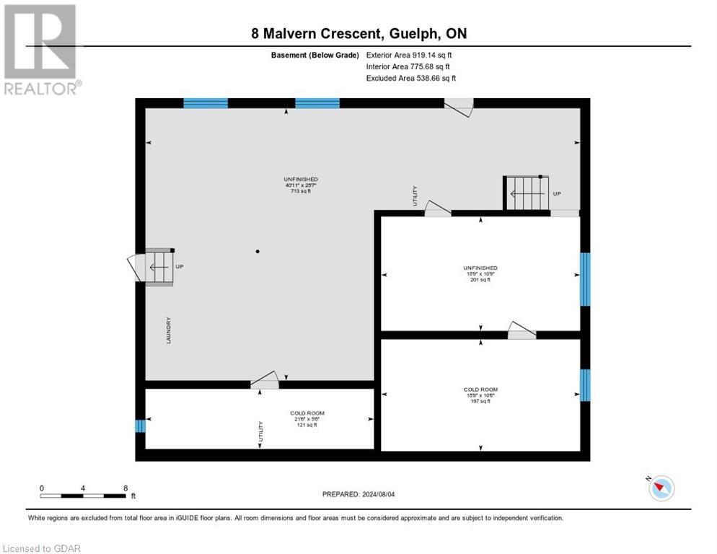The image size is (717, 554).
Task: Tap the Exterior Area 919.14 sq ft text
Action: (408, 55)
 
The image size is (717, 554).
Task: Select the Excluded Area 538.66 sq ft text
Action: (410, 78)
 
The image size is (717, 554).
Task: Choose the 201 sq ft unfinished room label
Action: (480, 273)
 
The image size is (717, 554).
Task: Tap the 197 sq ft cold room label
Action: (480, 395)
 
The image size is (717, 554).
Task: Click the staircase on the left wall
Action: (160, 267)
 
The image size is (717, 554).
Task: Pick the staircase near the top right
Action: (526, 193)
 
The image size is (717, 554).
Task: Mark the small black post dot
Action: (258, 252)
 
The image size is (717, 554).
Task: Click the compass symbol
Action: (660, 488)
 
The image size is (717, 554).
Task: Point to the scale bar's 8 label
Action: (126, 488)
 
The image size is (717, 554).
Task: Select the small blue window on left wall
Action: (140, 426)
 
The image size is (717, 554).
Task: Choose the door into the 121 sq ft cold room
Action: (265, 380)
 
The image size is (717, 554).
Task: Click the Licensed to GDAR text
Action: (41, 548)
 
